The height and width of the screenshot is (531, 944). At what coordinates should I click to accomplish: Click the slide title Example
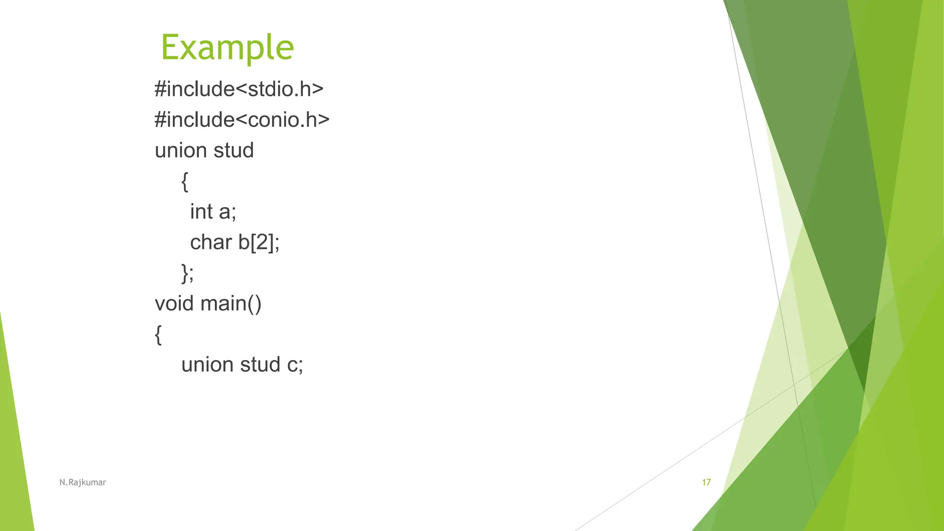coord(227,47)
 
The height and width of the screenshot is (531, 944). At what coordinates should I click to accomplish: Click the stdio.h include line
coord(239,89)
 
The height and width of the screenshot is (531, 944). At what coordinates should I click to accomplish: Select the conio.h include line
coord(242,120)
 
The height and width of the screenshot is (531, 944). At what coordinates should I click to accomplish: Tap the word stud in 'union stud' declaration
coord(234,150)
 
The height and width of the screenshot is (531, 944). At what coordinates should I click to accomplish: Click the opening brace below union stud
coord(185,181)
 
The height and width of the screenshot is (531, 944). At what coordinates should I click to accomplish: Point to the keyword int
coord(201,212)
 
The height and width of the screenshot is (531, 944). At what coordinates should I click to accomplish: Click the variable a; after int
coord(227,212)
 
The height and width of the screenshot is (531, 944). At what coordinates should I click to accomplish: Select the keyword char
coord(211,242)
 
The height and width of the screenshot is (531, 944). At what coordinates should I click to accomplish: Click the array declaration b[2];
coord(259,242)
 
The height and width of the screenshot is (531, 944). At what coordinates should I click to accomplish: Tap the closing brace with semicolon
coord(188,273)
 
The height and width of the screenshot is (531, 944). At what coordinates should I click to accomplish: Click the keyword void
coord(174,303)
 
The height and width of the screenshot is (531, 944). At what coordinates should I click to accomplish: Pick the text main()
coord(231,304)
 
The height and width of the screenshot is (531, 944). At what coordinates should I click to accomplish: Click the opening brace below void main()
coord(158,334)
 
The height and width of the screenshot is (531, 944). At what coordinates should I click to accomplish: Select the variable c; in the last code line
coord(295,365)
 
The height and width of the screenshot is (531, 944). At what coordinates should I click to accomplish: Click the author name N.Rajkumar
coord(83,483)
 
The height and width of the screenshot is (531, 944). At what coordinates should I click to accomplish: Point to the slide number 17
coord(706,482)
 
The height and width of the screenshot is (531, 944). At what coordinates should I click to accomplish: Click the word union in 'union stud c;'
coord(207,365)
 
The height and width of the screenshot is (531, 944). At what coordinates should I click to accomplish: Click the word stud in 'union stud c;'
coord(260,365)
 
